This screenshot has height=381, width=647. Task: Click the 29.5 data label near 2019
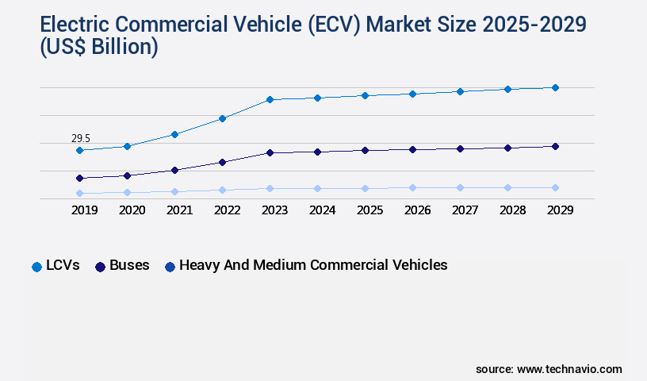tap(81, 138)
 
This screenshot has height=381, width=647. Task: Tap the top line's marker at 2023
tap(270, 99)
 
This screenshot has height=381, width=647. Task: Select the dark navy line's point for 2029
tap(555, 146)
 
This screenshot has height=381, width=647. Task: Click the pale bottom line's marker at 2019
tap(79, 193)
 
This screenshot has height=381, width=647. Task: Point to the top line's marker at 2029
tap(555, 87)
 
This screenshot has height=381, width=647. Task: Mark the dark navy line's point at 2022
tap(222, 162)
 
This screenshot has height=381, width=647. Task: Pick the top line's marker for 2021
tap(174, 134)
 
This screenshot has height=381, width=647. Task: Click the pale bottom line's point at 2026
tap(412, 187)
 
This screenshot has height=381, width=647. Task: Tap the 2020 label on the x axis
tap(132, 210)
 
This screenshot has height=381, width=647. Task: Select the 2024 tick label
tap(322, 210)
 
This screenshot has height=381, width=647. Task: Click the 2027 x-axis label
tap(465, 210)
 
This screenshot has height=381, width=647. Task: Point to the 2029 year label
tap(560, 210)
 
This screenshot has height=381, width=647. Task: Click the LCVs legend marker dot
tap(36, 267)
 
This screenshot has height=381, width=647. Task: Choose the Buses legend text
tap(129, 265)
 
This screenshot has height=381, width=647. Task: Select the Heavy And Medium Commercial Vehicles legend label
tap(313, 265)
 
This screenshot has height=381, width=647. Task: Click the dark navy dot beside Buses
tap(100, 267)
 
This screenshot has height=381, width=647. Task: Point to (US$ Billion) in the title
tap(87, 48)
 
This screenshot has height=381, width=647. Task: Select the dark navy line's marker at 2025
tap(365, 150)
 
